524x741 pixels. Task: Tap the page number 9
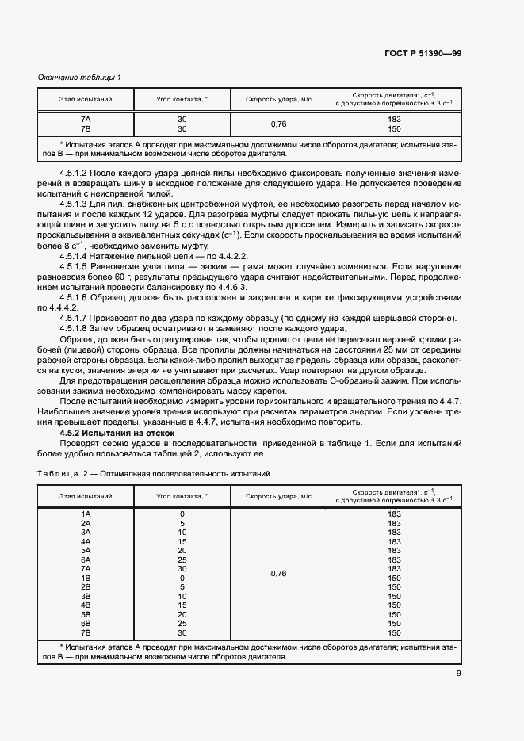click(x=458, y=674)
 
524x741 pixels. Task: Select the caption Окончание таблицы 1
click(x=80, y=77)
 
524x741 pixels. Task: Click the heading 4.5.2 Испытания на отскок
click(x=107, y=434)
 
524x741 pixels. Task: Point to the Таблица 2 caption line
click(x=154, y=473)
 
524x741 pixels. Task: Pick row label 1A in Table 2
click(x=86, y=514)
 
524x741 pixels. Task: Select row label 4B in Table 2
click(x=86, y=605)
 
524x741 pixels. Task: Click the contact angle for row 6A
click(x=182, y=560)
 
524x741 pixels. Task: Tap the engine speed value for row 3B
click(x=394, y=596)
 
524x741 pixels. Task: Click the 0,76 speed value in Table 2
click(x=278, y=573)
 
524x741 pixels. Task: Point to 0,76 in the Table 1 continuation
click(x=278, y=124)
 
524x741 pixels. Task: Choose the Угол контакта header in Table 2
click(x=182, y=495)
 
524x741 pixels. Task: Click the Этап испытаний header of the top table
click(x=86, y=100)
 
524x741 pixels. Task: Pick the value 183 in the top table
click(x=394, y=119)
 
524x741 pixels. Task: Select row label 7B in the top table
click(x=86, y=128)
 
